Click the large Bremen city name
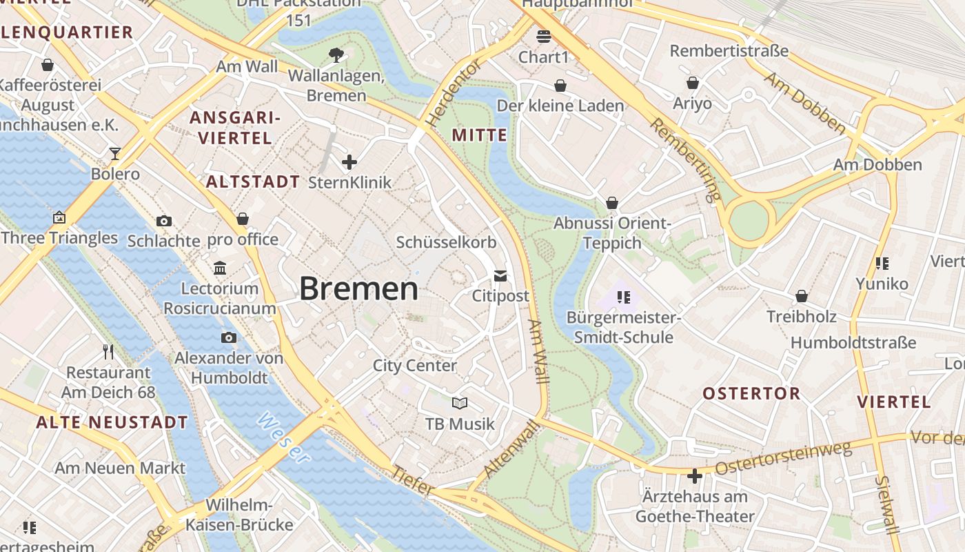pyautogui.click(x=358, y=288)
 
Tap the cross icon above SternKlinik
pyautogui.click(x=349, y=162)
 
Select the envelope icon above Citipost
pyautogui.click(x=500, y=276)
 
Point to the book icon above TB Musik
pyautogui.click(x=460, y=403)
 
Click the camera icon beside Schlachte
pyautogui.click(x=164, y=221)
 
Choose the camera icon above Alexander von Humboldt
pyautogui.click(x=229, y=337)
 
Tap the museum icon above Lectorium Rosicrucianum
pyautogui.click(x=220, y=268)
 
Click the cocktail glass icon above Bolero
pyautogui.click(x=115, y=153)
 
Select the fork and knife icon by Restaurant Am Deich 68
pyautogui.click(x=108, y=352)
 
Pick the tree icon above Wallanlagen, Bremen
pyautogui.click(x=336, y=54)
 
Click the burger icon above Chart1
pyautogui.click(x=544, y=37)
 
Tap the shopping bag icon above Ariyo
pyautogui.click(x=693, y=83)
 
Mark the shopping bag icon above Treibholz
pyautogui.click(x=802, y=296)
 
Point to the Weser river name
pyautogui.click(x=283, y=437)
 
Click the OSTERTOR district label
pyautogui.click(x=751, y=393)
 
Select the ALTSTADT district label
pyautogui.click(x=253, y=182)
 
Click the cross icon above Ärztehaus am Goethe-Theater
pyautogui.click(x=695, y=476)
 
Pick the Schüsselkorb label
pyautogui.click(x=446, y=242)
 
